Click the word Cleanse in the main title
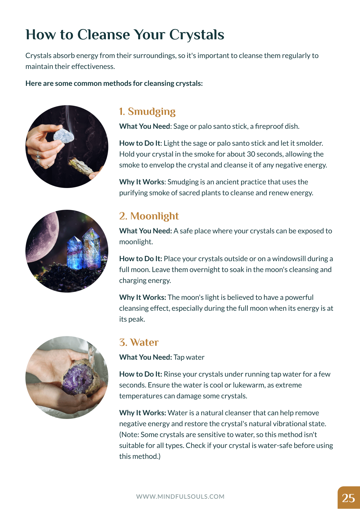pos(103,34)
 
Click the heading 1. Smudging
pos(147,112)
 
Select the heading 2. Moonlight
pos(149,216)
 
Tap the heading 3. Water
pos(139,342)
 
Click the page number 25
pos(349,498)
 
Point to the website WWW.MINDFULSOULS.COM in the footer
pos(180,497)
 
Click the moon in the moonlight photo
pos(42,236)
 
